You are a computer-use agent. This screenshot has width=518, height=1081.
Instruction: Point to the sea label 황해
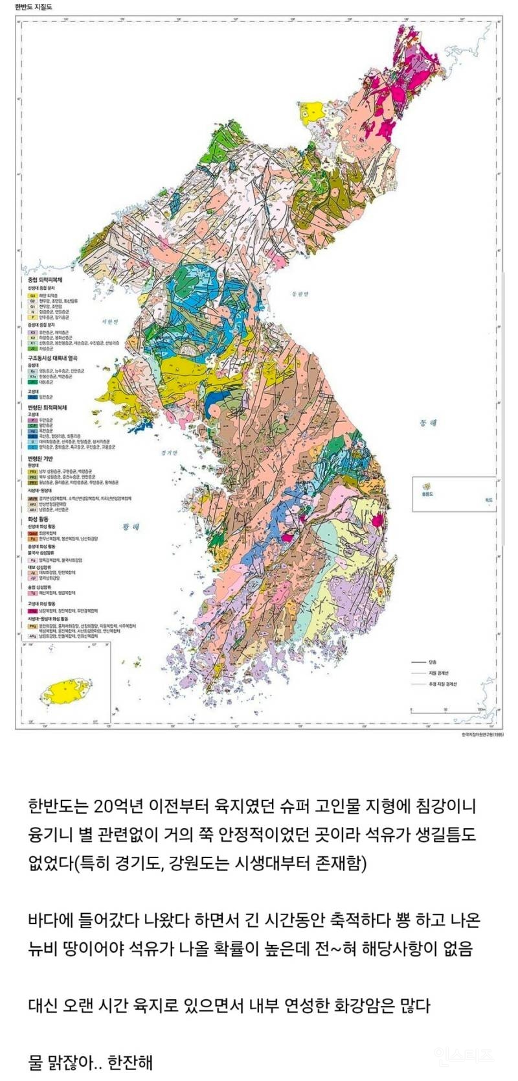point(131,526)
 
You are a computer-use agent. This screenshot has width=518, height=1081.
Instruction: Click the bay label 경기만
point(169,453)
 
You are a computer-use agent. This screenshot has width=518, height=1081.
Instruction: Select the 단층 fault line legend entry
point(431,662)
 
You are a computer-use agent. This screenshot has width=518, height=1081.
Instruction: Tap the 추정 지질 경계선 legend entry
point(443,684)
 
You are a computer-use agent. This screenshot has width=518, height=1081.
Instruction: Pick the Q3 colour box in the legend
point(31,294)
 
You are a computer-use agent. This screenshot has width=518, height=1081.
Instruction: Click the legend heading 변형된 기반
point(38,458)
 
